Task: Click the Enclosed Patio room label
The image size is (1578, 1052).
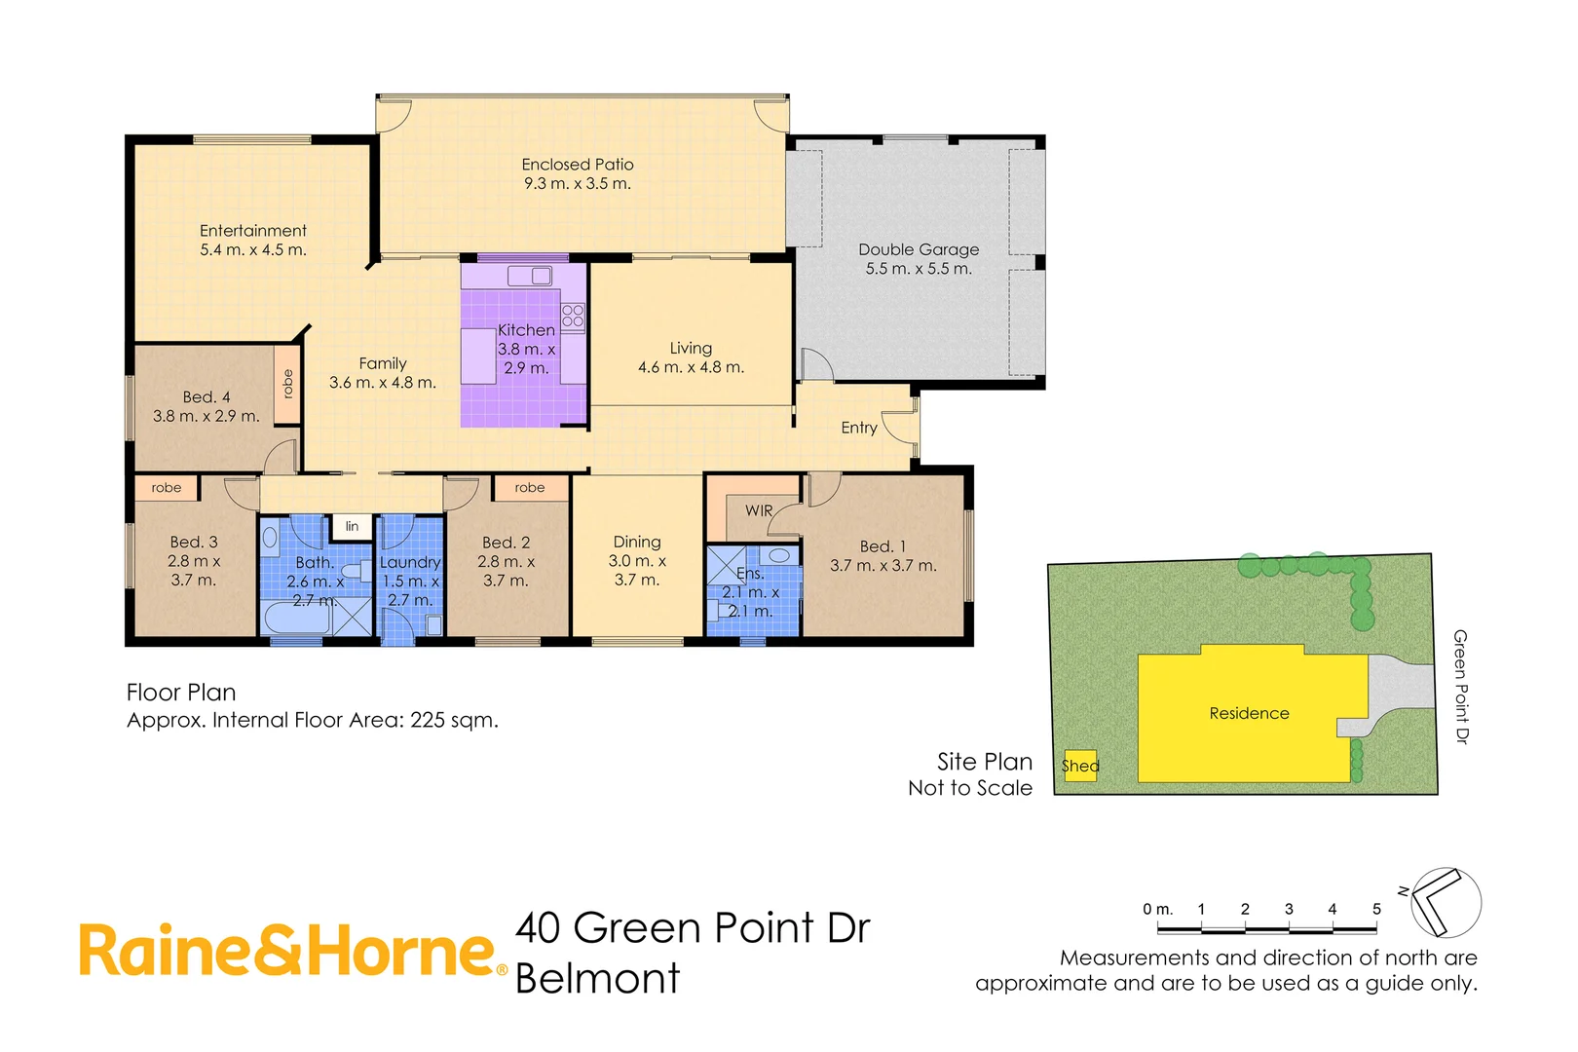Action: tap(578, 165)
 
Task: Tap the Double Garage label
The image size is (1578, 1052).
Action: tap(919, 249)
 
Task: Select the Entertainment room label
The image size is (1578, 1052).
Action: tap(253, 231)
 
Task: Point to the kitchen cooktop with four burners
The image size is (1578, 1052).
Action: tap(573, 316)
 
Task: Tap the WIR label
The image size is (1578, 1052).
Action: tap(759, 510)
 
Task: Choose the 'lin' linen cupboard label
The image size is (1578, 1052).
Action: tap(352, 526)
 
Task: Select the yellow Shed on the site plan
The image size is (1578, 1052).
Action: tap(1080, 766)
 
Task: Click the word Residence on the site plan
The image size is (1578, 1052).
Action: tap(1249, 713)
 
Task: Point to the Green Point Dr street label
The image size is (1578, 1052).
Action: tap(1460, 687)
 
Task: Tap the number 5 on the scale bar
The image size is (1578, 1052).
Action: tap(1376, 909)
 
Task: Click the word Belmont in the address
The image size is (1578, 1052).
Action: tap(597, 978)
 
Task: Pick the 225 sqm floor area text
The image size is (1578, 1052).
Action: tap(454, 720)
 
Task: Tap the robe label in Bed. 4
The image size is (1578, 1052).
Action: tap(287, 384)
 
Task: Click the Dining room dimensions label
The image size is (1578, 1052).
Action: tap(637, 570)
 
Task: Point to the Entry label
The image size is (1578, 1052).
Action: tap(859, 428)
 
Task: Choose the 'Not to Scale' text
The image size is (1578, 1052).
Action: tap(970, 788)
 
